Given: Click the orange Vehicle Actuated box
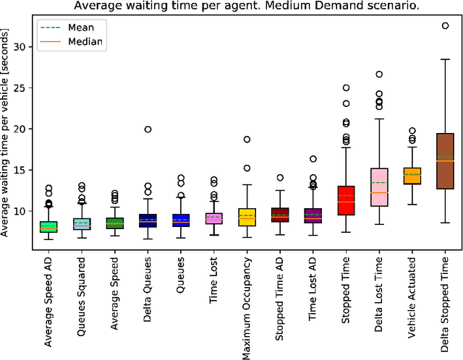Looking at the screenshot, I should click(412, 176).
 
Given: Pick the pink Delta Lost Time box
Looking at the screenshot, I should click(379, 187).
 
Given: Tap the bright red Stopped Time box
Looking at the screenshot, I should click(346, 200).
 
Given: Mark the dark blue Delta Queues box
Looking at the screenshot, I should click(148, 220).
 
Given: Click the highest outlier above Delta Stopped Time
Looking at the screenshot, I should click(446, 25).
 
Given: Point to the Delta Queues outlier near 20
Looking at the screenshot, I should click(148, 129).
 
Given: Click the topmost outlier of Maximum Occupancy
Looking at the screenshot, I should click(247, 140).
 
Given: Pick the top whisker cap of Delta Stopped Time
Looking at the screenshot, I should click(446, 59).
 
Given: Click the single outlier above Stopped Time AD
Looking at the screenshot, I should click(280, 177).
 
